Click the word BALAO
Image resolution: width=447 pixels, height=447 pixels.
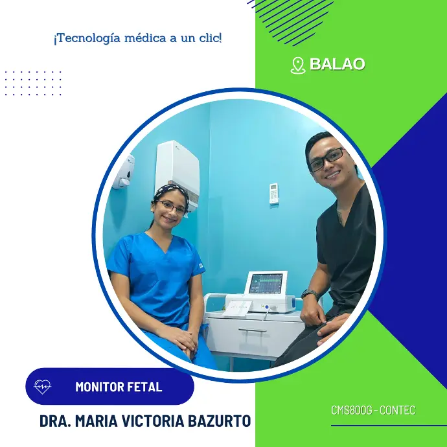337,64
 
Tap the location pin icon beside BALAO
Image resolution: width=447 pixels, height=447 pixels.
297,65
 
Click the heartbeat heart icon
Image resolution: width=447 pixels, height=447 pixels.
42,387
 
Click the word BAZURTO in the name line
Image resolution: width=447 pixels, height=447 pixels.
219,421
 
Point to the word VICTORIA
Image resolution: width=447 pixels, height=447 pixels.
153,421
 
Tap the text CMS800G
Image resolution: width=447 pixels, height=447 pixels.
352,410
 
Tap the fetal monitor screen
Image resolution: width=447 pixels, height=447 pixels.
266,283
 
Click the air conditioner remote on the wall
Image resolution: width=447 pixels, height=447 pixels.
273,194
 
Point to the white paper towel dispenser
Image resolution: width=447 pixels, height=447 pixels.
178,174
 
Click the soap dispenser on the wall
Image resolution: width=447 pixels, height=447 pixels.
123,172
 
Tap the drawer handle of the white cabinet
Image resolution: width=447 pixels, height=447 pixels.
252,330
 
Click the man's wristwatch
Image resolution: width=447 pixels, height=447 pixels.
310,293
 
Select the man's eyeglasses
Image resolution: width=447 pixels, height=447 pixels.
327,160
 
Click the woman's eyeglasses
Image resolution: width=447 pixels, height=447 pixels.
171,207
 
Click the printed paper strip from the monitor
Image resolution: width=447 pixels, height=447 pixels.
238,308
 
